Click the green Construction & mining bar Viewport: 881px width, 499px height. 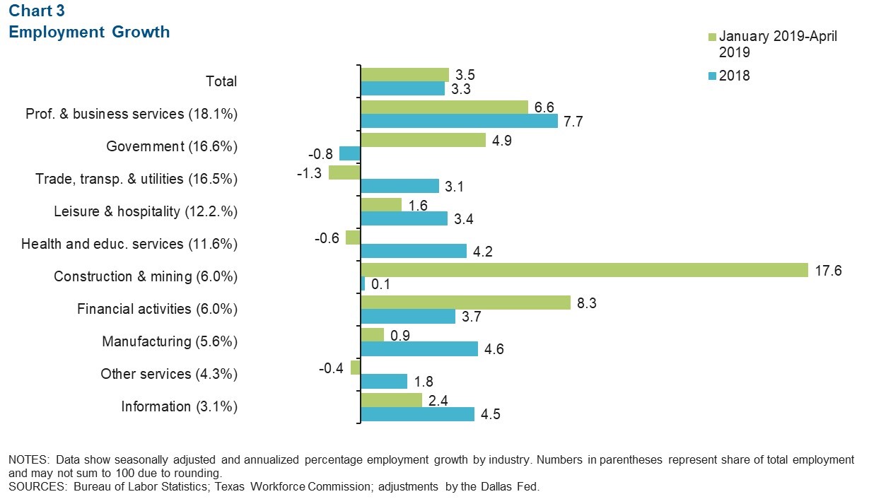click(584, 270)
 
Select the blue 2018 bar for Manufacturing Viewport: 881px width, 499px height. click(419, 348)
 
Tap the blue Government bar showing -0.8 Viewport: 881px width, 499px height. click(350, 153)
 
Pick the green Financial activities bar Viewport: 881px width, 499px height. click(465, 303)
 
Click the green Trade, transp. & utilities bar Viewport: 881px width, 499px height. click(344, 172)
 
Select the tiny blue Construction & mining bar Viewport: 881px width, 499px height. click(363, 283)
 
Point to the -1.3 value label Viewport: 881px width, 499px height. click(311, 172)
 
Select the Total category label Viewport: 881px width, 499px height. click(221, 81)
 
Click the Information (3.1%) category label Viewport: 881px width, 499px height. click(179, 406)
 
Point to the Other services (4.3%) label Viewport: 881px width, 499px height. click(169, 374)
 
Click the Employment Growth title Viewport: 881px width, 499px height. click(89, 32)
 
